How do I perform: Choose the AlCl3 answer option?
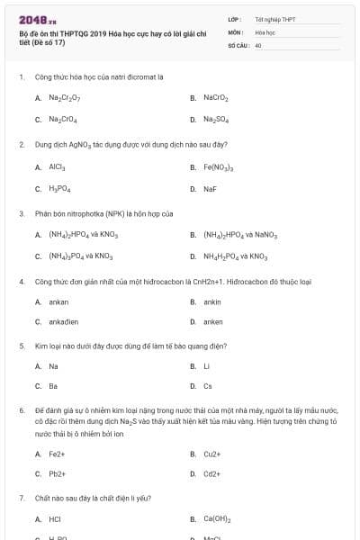pyautogui.click(x=57, y=166)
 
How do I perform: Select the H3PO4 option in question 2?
pyautogui.click(x=60, y=189)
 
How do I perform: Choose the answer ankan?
pyautogui.click(x=58, y=301)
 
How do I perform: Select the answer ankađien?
pyautogui.click(x=64, y=321)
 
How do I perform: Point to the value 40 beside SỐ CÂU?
pyautogui.click(x=259, y=44)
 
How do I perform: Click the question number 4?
pyautogui.click(x=21, y=282)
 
